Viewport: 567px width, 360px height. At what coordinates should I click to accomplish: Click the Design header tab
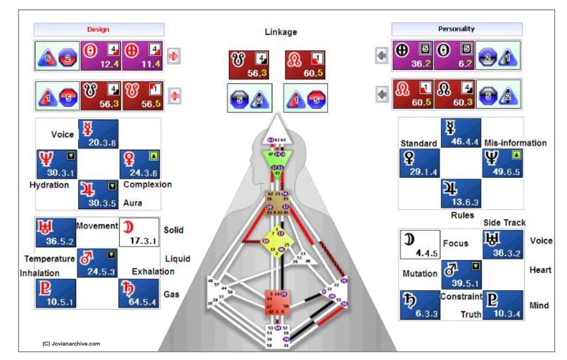click(99, 29)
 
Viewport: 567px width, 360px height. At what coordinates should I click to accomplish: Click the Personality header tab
click(457, 29)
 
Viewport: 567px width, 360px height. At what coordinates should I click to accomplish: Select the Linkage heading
click(281, 32)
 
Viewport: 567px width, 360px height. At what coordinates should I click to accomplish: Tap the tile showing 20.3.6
click(98, 134)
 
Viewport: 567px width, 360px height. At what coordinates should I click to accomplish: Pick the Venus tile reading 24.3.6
click(140, 163)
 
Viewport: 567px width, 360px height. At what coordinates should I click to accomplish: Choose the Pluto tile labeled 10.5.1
click(56, 293)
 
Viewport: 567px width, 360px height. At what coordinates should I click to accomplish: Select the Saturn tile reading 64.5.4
click(139, 293)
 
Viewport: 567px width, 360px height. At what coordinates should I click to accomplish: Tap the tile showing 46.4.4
click(461, 133)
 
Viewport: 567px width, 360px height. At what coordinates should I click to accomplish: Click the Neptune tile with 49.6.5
click(503, 163)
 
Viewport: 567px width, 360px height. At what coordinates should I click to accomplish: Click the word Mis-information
click(515, 143)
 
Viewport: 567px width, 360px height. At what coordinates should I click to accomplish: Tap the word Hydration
click(49, 185)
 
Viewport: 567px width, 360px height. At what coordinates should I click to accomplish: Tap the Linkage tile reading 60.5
click(305, 65)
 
